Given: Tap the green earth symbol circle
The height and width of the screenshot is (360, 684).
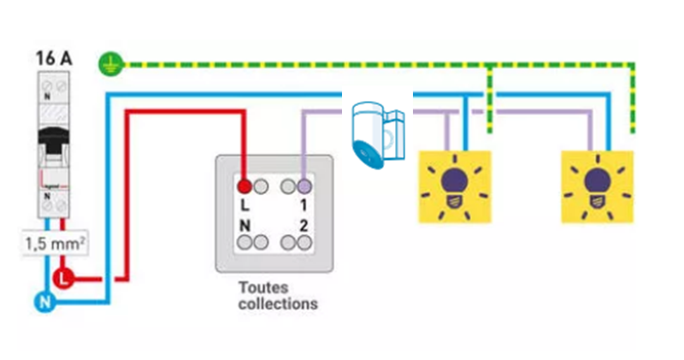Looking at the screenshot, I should pos(109,62).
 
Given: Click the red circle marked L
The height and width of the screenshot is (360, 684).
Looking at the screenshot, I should pos(64,278).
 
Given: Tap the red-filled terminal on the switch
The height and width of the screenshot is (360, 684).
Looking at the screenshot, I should pos(244,185).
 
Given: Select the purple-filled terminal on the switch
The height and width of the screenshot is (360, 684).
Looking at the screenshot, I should pos(304,185).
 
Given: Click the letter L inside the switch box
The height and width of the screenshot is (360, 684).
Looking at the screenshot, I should pos(245,206).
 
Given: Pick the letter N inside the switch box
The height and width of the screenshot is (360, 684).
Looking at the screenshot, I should pos(245,226).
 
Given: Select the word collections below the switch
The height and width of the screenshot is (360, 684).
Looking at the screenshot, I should pos(278,304).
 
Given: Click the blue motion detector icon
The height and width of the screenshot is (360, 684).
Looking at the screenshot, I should pos(376,133).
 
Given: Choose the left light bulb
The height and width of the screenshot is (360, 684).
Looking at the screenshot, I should pos(454,186).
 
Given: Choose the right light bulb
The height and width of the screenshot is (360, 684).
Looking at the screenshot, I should pos(598,186).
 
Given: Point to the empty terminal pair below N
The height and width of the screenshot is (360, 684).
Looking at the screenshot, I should pos(251,243).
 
